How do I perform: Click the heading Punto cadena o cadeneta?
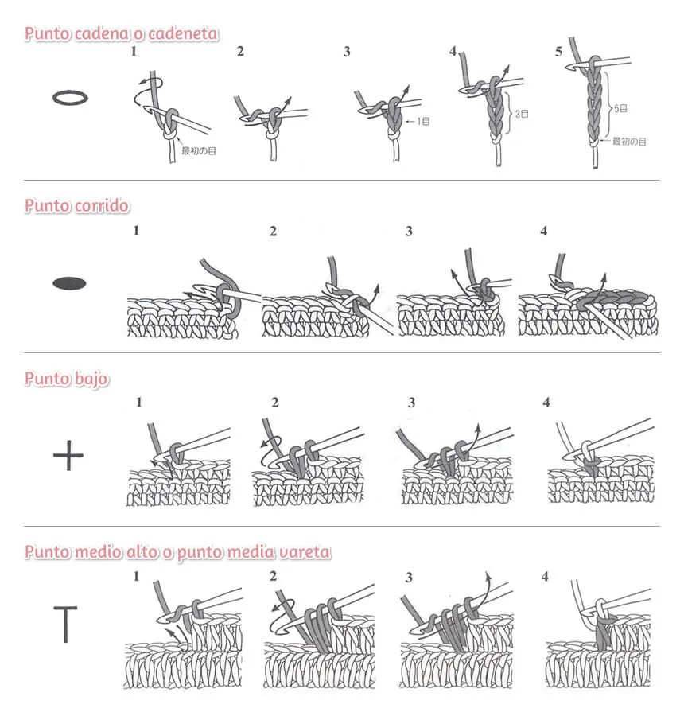(122, 33)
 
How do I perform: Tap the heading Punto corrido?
(77, 205)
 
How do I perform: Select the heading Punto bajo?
(67, 379)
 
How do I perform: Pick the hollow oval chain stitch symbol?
(69, 97)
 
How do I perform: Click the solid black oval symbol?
(69, 282)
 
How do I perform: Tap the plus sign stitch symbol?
(68, 457)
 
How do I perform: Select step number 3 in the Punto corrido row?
(409, 232)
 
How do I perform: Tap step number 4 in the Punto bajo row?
(546, 403)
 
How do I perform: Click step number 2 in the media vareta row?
(274, 576)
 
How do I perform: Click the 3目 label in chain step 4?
(521, 114)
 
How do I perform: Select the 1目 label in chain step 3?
(422, 121)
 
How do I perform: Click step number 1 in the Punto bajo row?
(138, 403)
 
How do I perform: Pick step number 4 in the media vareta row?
(545, 576)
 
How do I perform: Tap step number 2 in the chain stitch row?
(240, 52)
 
